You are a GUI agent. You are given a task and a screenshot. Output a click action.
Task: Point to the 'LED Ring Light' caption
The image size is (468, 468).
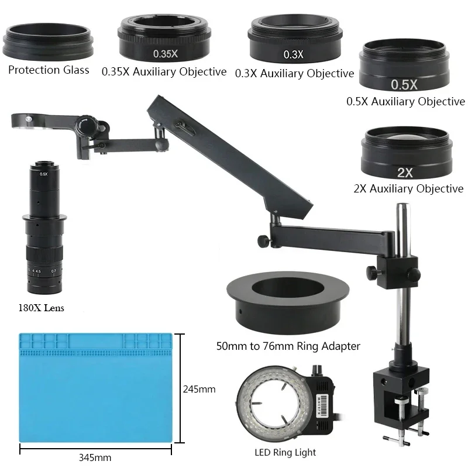click(285, 452)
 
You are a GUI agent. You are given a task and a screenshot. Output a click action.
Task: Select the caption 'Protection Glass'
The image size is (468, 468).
click(48, 70)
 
